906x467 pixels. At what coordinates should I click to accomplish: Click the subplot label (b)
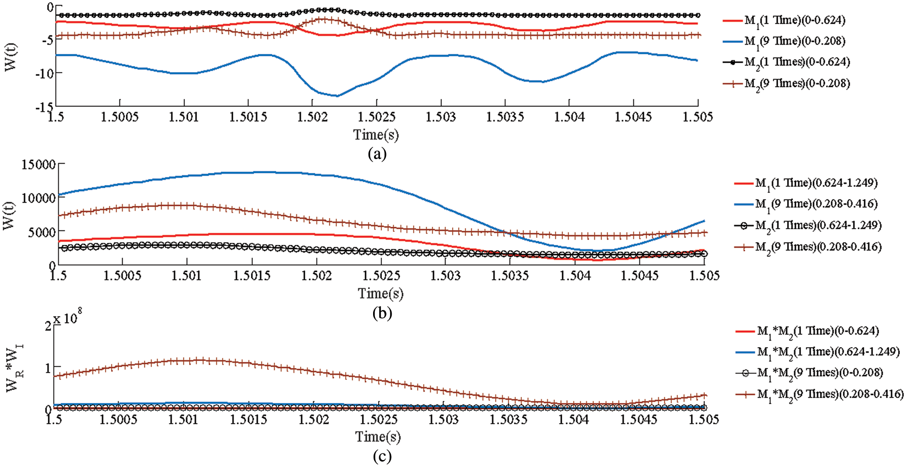coord(382,313)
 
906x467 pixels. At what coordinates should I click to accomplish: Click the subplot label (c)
coord(382,456)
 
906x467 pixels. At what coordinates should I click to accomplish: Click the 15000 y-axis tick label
coord(39,164)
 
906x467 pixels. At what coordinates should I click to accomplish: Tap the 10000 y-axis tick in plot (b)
coord(39,198)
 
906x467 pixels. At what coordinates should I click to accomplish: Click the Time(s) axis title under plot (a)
coord(376,135)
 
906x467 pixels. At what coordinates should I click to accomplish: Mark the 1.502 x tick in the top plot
coord(313,117)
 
